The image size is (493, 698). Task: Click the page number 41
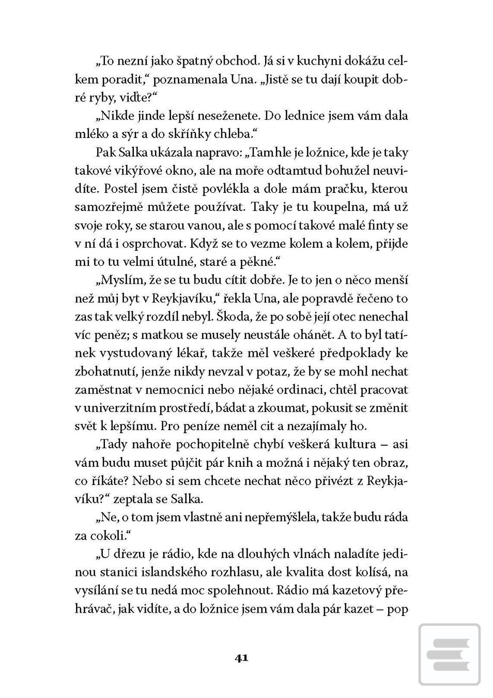(241, 658)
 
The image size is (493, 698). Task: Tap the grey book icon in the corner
(449, 655)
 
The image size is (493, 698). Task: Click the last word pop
(397, 609)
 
